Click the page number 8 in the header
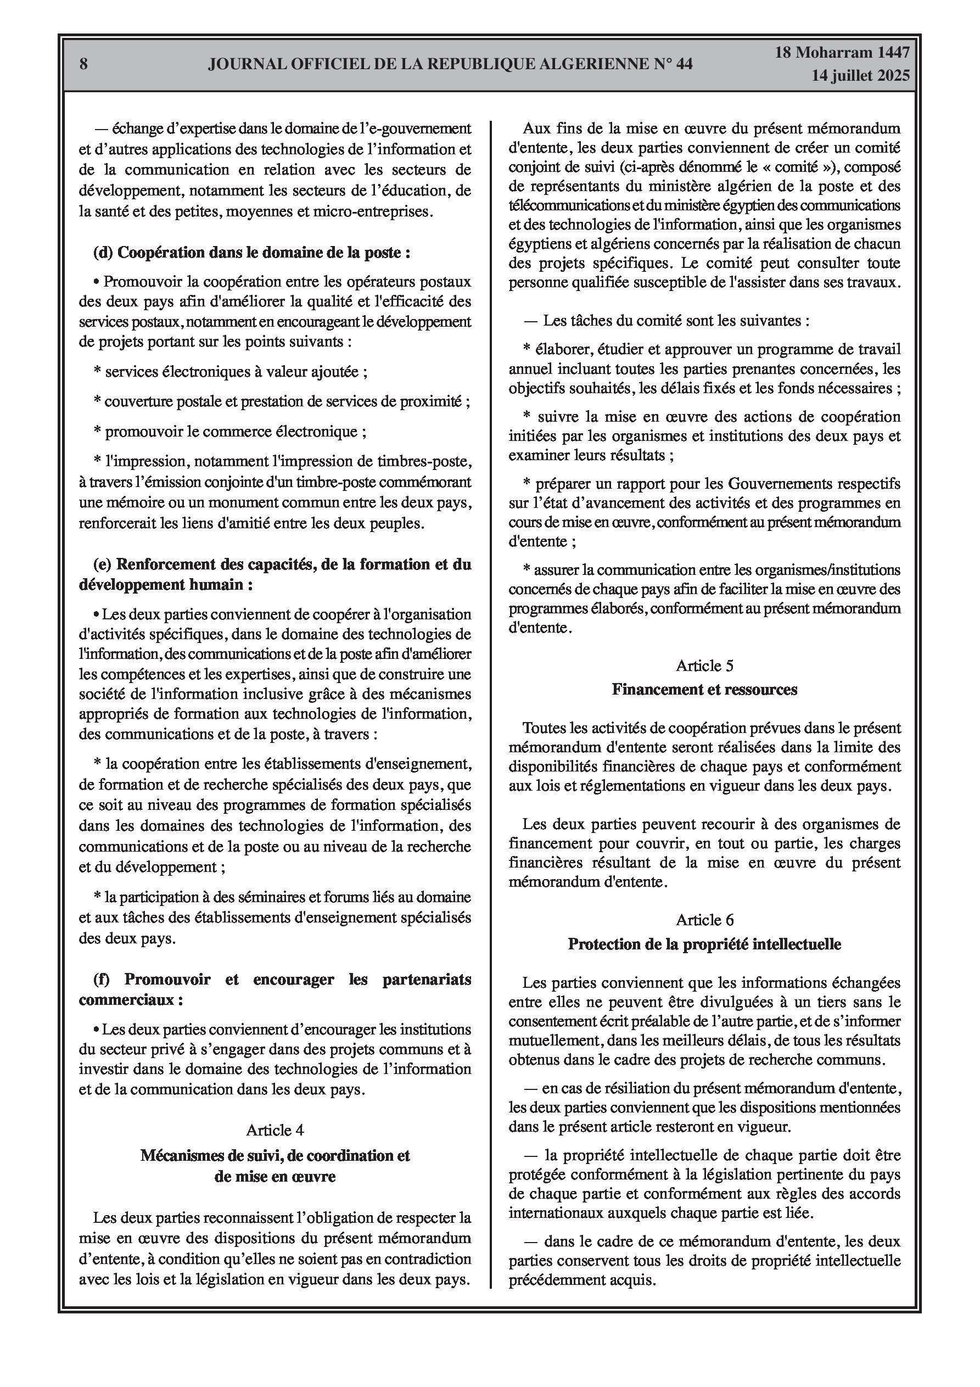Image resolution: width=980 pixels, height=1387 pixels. pos(83,64)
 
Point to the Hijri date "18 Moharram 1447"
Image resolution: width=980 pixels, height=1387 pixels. pos(842,53)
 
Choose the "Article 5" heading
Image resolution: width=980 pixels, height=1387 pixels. pos(704,665)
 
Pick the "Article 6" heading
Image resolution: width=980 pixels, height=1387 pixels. pos(704,919)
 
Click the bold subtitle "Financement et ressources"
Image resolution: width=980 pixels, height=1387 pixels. pos(704,689)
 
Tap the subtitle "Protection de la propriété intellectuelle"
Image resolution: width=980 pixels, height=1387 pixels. pos(704,943)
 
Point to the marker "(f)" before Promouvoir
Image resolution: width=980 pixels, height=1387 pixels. pos(102,979)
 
